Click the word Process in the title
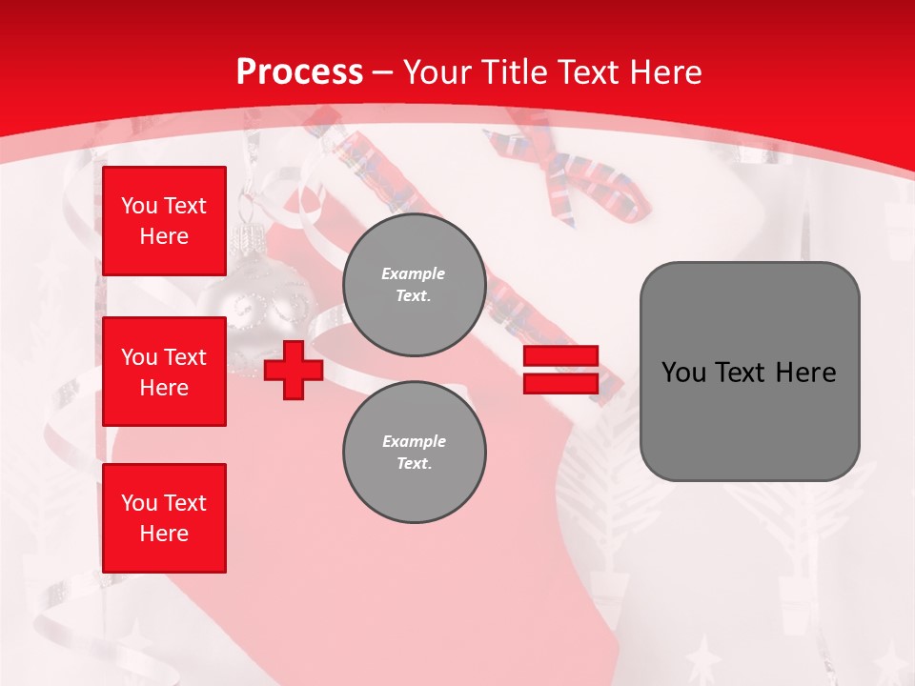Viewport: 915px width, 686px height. (299, 71)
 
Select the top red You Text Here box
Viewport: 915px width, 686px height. (164, 221)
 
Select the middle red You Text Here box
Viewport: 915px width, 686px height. (164, 372)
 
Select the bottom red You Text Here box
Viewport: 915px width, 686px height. (164, 517)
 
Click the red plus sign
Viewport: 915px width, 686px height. (294, 370)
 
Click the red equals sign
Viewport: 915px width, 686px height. (560, 370)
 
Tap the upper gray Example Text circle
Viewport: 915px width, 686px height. (415, 285)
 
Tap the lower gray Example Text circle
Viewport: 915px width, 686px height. (415, 453)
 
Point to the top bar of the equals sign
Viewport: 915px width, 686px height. (560, 356)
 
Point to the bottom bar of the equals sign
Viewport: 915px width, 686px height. (560, 383)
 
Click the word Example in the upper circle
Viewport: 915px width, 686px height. (414, 273)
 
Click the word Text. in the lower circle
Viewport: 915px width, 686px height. (414, 464)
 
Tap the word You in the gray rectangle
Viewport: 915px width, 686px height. (682, 373)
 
